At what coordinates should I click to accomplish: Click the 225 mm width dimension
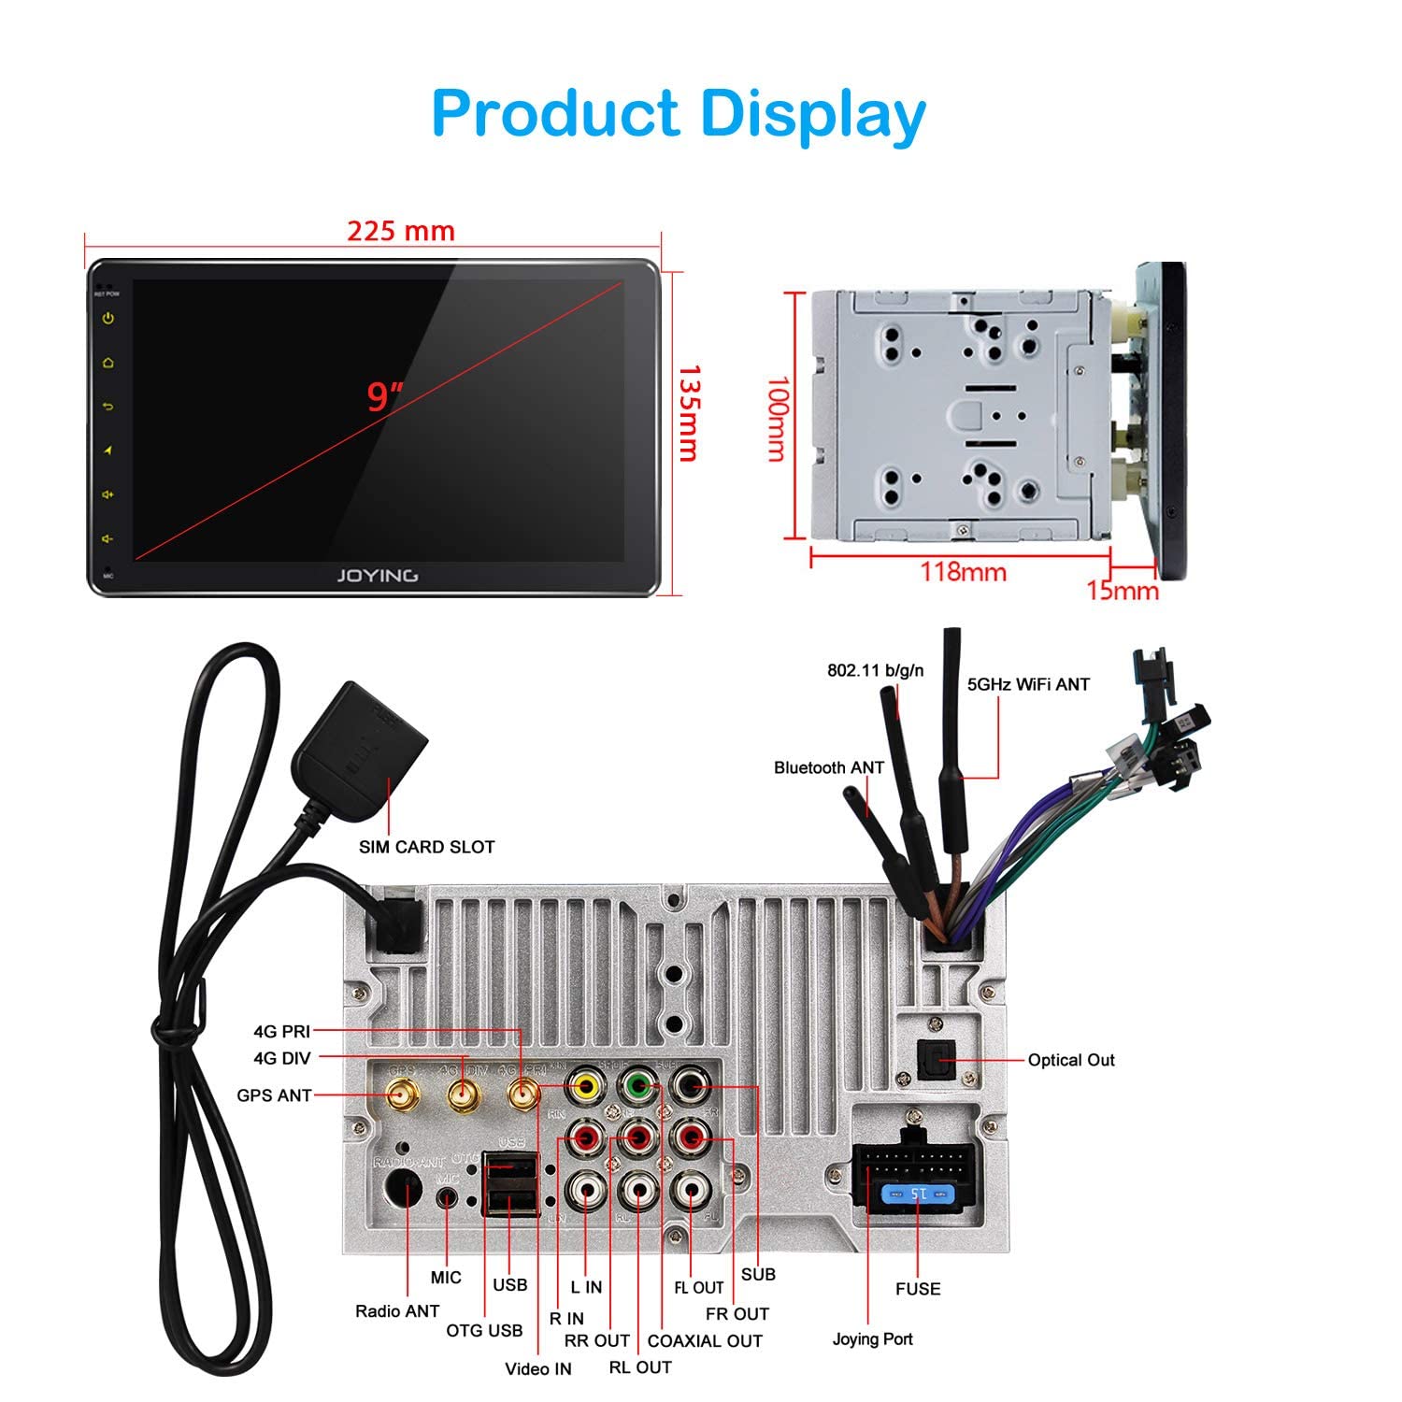(401, 231)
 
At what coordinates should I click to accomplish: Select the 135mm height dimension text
(688, 413)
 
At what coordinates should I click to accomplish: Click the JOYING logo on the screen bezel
(377, 576)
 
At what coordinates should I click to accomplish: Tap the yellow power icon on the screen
(108, 319)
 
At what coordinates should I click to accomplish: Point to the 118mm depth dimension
(963, 571)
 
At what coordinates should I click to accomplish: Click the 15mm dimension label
(1122, 591)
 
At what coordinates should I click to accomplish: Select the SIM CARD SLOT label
(426, 847)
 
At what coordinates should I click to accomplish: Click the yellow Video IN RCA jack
(586, 1087)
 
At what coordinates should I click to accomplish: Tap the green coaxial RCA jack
(637, 1087)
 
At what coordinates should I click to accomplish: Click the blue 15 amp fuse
(918, 1195)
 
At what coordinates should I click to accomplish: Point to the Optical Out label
(1071, 1060)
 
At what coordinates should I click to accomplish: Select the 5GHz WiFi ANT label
(1028, 684)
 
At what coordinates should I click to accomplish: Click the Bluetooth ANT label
(828, 767)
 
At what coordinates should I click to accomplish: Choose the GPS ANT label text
(274, 1095)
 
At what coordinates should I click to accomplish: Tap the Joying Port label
(872, 1339)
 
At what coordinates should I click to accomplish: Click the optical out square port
(932, 1060)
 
